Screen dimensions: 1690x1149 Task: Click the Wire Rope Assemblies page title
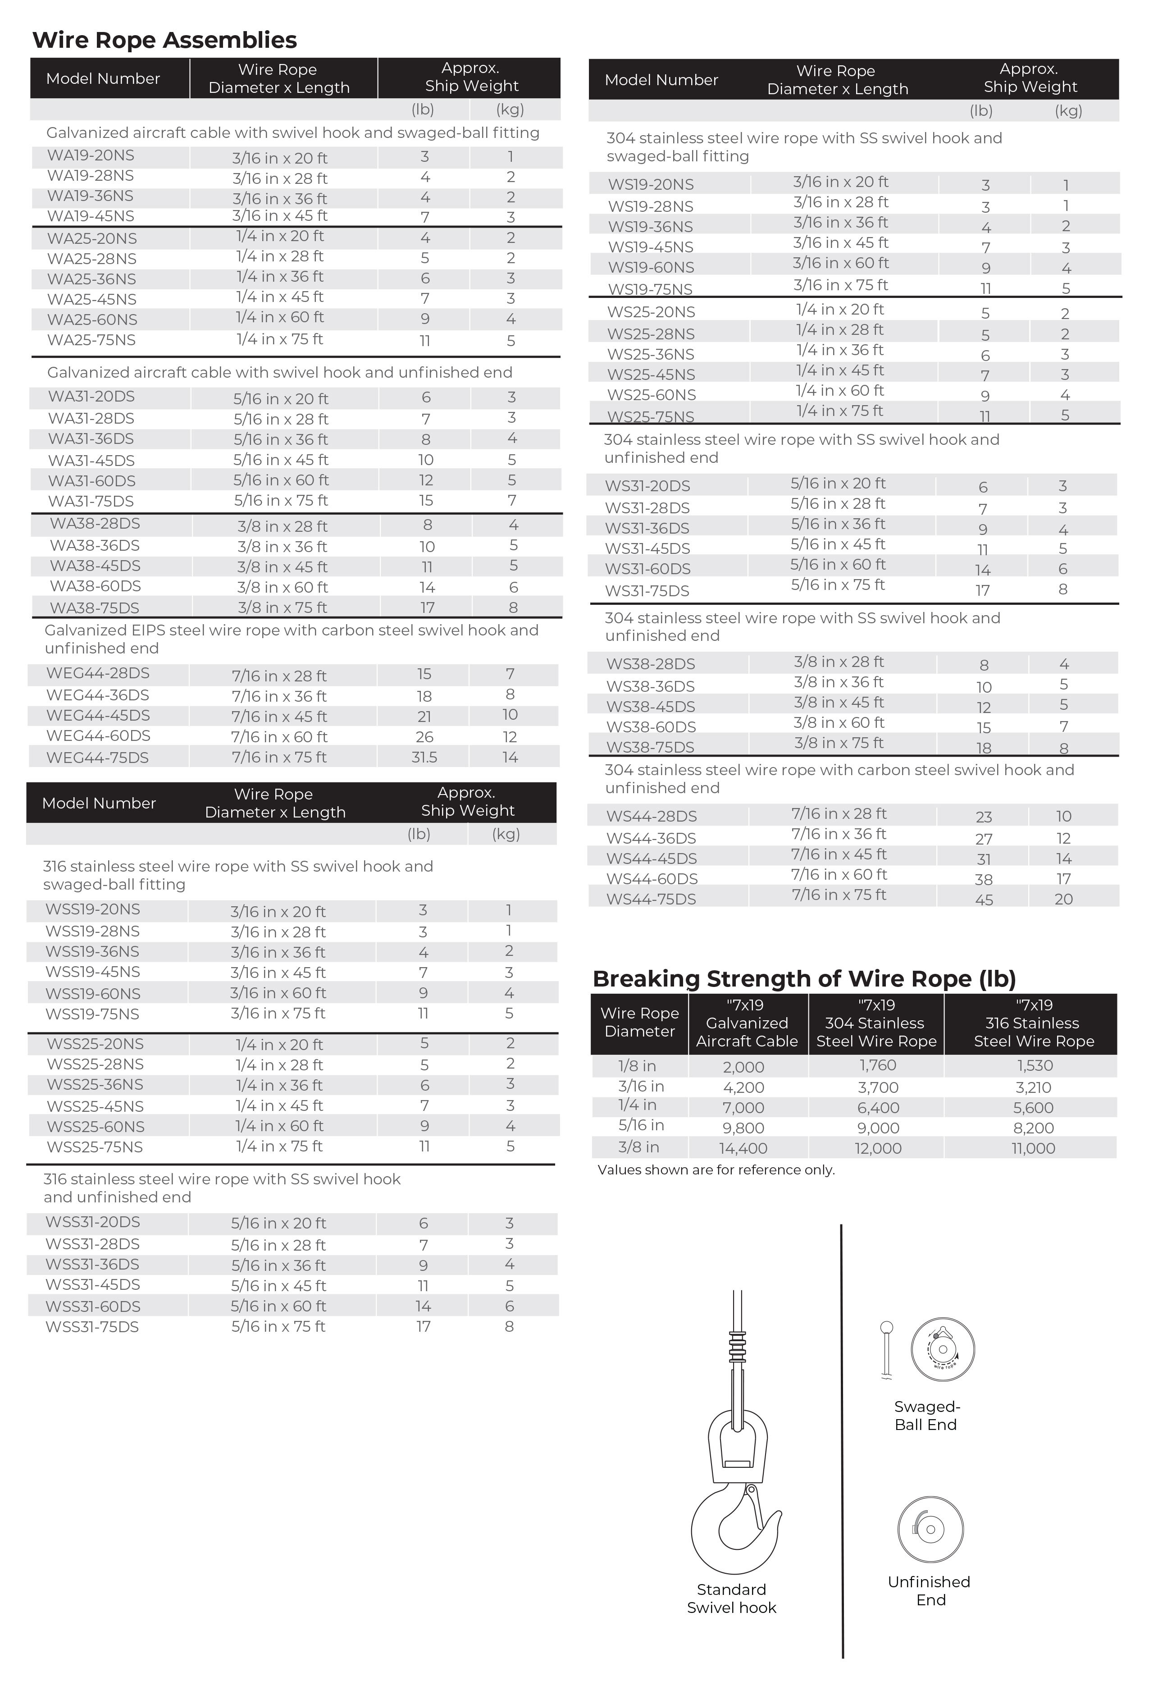[x=164, y=40]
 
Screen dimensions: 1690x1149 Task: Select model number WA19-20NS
[x=91, y=155]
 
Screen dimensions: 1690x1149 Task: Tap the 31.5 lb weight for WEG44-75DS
[x=424, y=758]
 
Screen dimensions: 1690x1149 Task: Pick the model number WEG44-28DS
[x=97, y=673]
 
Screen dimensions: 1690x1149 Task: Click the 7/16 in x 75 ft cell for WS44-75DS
[x=839, y=895]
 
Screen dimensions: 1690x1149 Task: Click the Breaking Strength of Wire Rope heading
[x=803, y=979]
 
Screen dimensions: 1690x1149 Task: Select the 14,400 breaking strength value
[x=743, y=1149]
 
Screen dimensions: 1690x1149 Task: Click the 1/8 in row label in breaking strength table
[x=637, y=1066]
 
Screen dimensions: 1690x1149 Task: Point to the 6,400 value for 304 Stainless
[x=878, y=1108]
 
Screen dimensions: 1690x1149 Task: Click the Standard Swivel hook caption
[x=732, y=1599]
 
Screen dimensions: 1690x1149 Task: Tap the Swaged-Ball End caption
[x=926, y=1416]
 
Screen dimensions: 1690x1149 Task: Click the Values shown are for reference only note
[x=716, y=1170]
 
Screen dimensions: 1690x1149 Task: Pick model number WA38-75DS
[x=95, y=608]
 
